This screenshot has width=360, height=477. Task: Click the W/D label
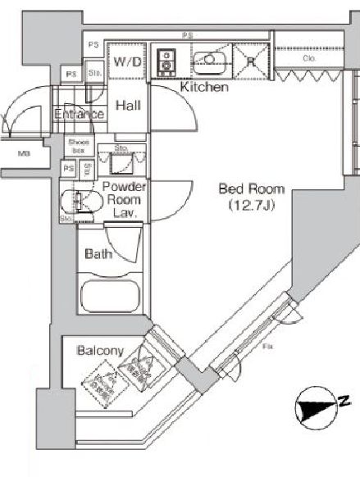point(127,62)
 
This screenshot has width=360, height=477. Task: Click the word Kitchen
point(203,87)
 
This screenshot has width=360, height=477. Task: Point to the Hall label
point(128,106)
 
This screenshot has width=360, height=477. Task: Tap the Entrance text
point(80,114)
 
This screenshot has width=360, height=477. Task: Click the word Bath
point(98,254)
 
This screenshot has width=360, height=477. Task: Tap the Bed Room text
point(244,189)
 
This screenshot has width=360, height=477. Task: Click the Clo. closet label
point(309,58)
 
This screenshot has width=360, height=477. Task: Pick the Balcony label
point(100,351)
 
